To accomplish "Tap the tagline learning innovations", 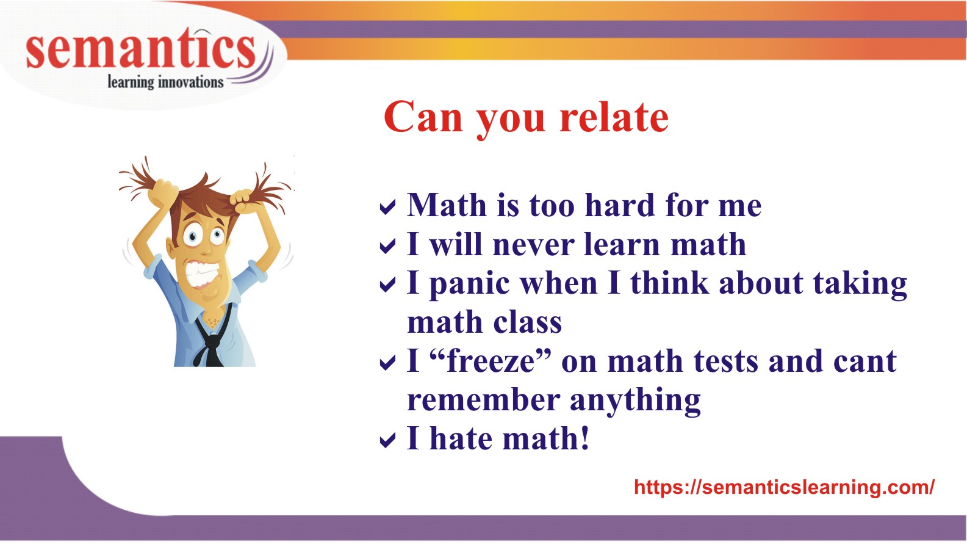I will click(x=165, y=82).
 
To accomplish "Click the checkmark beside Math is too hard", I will click(x=387, y=208).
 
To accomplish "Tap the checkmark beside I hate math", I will click(x=387, y=440).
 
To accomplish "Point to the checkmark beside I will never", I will click(x=387, y=246).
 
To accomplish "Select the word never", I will click(x=533, y=245).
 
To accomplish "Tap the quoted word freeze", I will click(x=491, y=361).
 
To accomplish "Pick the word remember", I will click(x=483, y=401).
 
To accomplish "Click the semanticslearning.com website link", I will click(x=784, y=487).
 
